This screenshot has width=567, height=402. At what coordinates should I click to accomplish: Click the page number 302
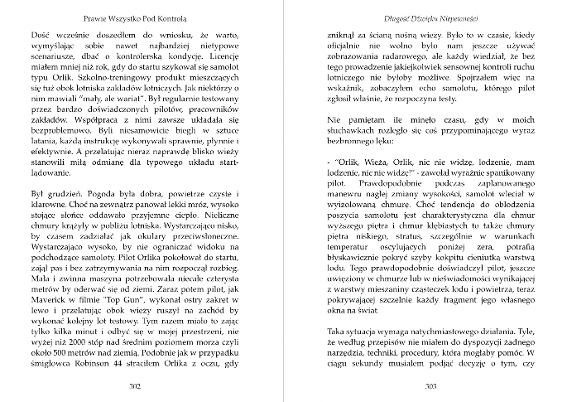(134, 386)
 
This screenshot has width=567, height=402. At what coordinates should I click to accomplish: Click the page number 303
(430, 386)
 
